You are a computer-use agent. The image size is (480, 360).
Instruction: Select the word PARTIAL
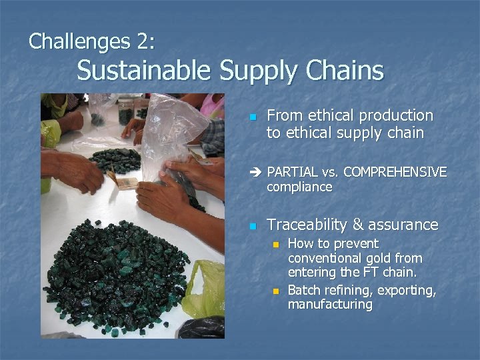tap(292, 173)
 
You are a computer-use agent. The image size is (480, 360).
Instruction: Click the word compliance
tap(299, 187)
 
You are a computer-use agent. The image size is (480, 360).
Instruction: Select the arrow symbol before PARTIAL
tap(254, 173)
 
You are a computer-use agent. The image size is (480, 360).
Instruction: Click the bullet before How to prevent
tap(275, 245)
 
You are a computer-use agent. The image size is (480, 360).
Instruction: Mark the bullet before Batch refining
tap(275, 290)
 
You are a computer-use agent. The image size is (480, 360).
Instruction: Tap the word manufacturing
tap(330, 305)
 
